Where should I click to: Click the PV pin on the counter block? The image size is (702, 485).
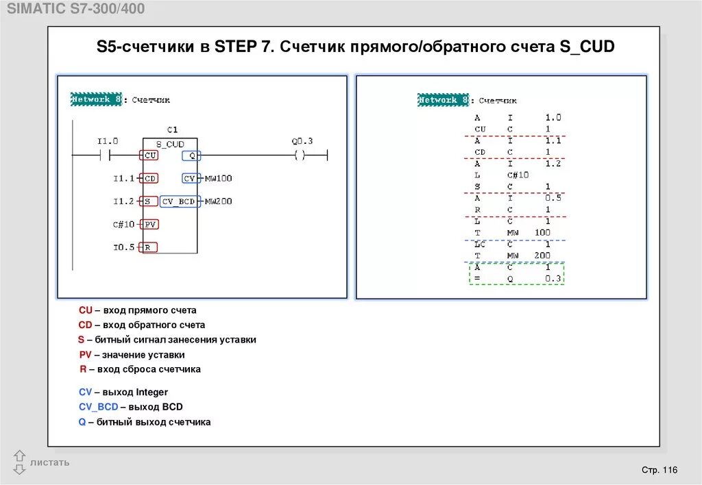[x=150, y=224]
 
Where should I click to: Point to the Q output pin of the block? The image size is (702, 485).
[x=191, y=156]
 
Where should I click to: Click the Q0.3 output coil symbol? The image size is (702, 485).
[x=300, y=156]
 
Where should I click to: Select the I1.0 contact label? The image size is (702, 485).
[x=107, y=141]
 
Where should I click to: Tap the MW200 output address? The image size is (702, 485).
[x=219, y=201]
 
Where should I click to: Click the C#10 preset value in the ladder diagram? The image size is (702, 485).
[x=124, y=224]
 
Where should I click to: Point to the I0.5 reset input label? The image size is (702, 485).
[x=124, y=247]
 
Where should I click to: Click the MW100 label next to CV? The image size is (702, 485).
[x=219, y=178]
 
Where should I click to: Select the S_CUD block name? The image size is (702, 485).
[x=170, y=144]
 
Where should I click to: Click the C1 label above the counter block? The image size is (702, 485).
[x=172, y=129]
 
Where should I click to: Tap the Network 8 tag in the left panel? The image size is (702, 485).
[x=97, y=99]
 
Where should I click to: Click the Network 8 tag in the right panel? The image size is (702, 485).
[x=444, y=100]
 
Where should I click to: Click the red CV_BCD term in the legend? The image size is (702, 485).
[x=98, y=407]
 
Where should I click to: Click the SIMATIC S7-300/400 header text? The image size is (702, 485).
[x=75, y=9]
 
